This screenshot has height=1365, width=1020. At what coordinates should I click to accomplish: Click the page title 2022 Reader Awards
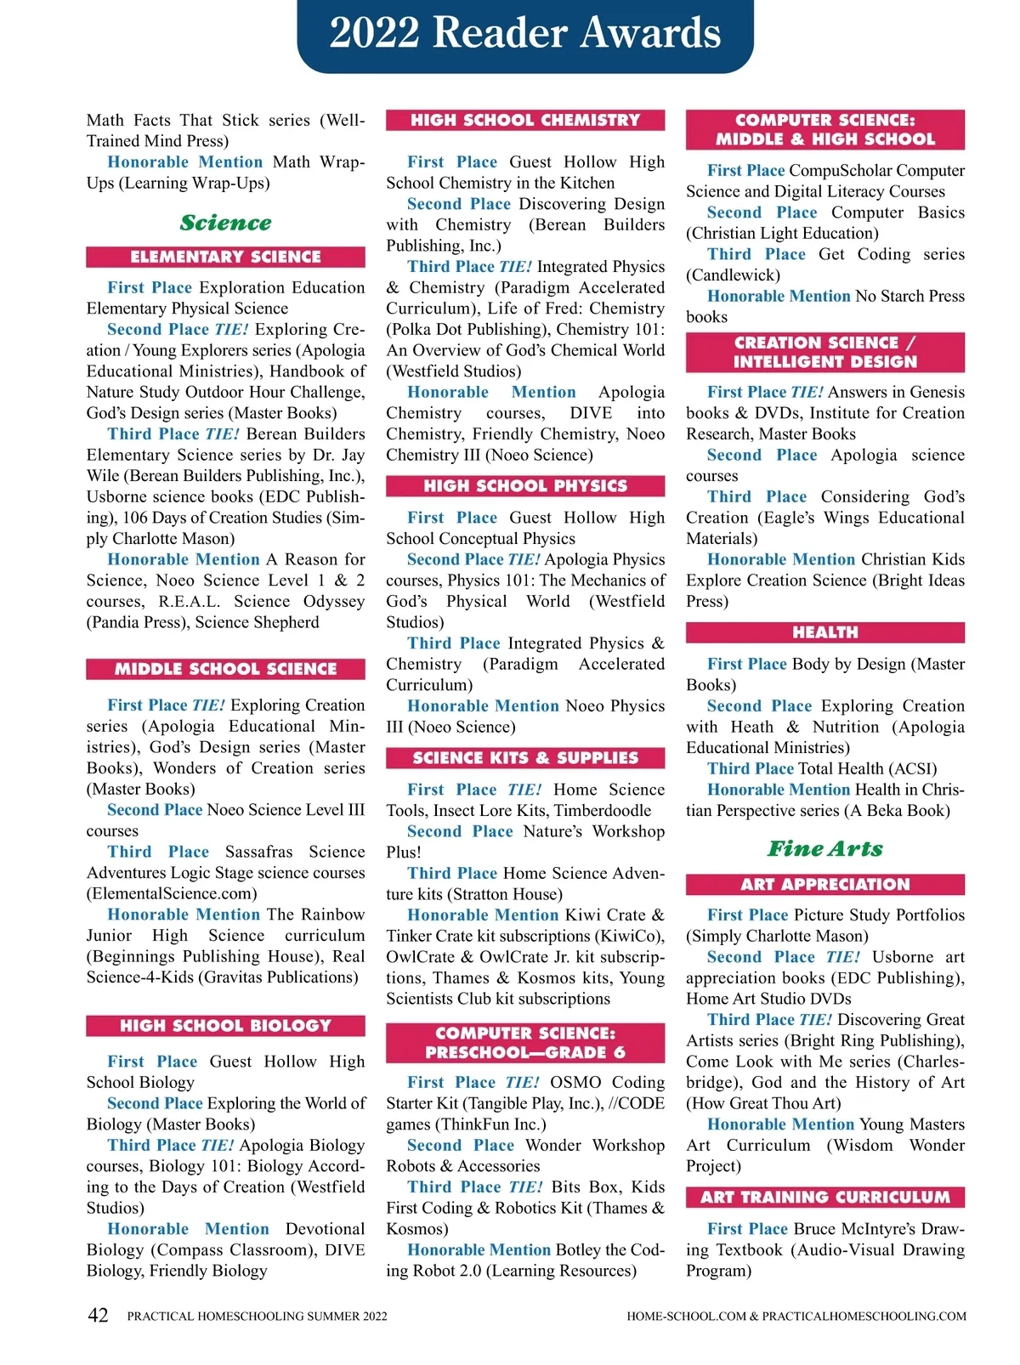pyautogui.click(x=524, y=34)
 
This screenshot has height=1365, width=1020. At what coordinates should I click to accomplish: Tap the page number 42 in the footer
pyautogui.click(x=99, y=1315)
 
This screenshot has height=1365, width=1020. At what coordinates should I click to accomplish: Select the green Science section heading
pyautogui.click(x=225, y=223)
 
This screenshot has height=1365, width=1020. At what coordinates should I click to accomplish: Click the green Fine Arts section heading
pyautogui.click(x=824, y=848)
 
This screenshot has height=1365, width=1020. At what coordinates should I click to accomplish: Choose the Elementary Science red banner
pyautogui.click(x=225, y=257)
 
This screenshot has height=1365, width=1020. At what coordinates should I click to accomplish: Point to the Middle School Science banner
pyautogui.click(x=225, y=669)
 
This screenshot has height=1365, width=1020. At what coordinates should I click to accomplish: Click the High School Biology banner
pyautogui.click(x=225, y=1026)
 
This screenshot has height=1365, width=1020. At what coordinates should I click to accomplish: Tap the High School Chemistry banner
pyautogui.click(x=525, y=120)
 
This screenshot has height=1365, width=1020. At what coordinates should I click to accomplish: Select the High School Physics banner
pyautogui.click(x=525, y=486)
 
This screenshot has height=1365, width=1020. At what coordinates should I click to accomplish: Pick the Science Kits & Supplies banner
pyautogui.click(x=525, y=758)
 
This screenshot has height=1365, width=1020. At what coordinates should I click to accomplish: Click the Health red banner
pyautogui.click(x=824, y=632)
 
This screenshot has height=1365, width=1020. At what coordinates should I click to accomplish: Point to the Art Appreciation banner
pyautogui.click(x=824, y=884)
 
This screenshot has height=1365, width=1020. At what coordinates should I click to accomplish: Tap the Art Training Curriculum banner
pyautogui.click(x=824, y=1197)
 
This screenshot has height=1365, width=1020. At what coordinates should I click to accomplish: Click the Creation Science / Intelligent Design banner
pyautogui.click(x=824, y=352)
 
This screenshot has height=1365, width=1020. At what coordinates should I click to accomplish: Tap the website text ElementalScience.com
pyautogui.click(x=172, y=893)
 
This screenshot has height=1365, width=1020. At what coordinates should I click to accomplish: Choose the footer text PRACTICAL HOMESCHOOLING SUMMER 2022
pyautogui.click(x=257, y=1316)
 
